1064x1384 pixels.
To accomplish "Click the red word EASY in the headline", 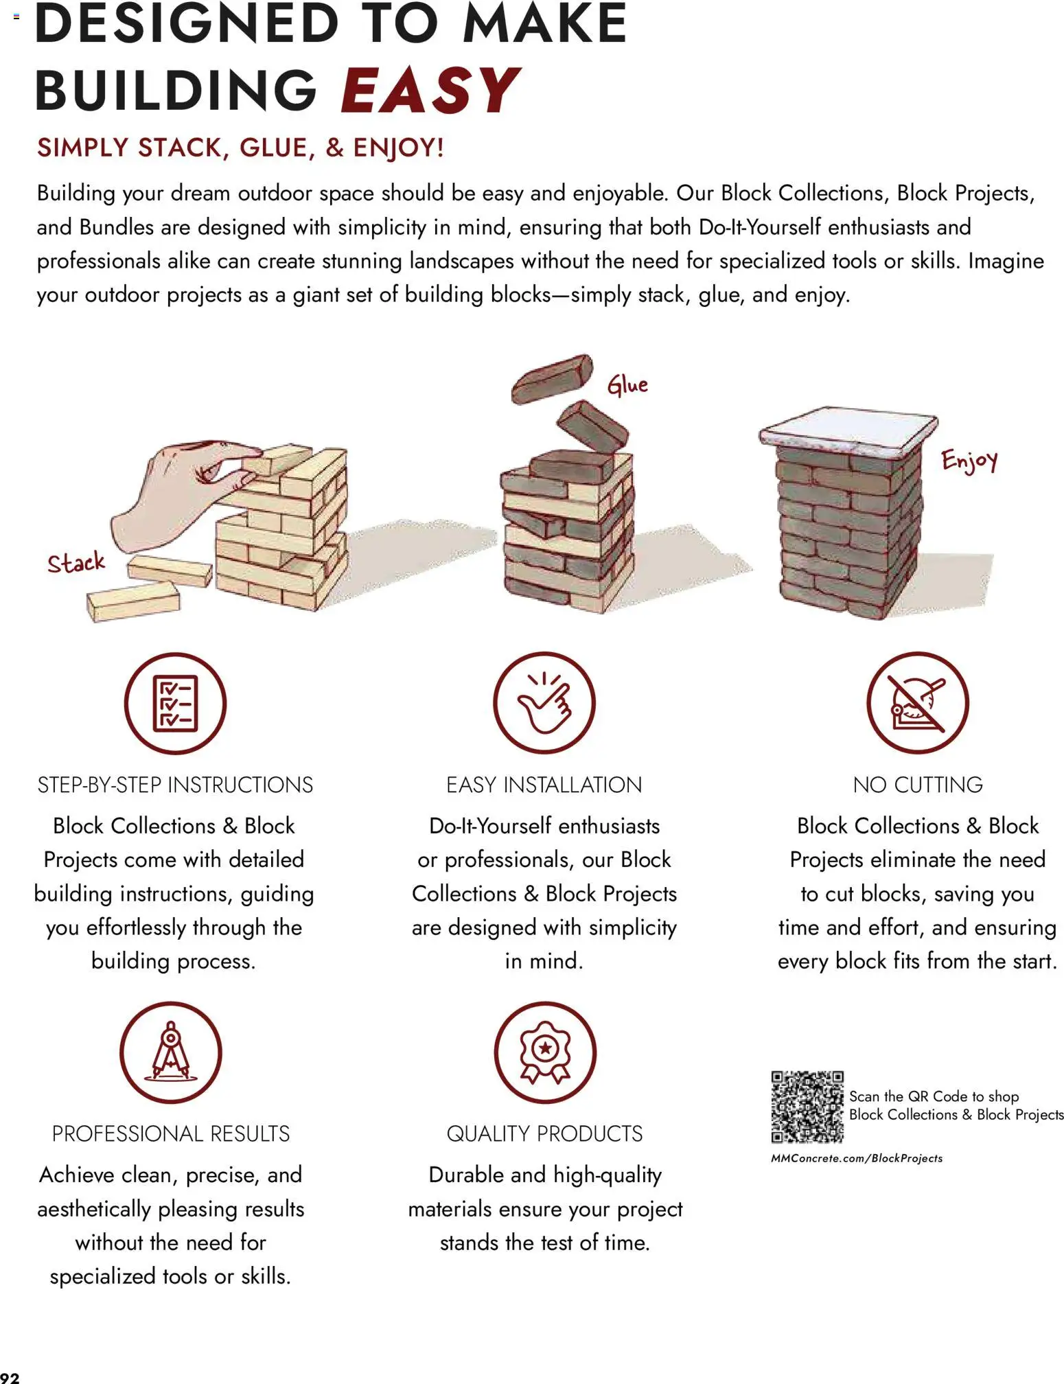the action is coord(430,90).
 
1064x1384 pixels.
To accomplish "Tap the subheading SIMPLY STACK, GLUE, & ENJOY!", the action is coord(241,148).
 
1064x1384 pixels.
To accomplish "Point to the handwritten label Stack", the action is coord(76,562).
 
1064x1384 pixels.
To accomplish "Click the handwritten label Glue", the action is coord(627,385).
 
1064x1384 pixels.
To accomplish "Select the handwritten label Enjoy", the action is coord(969,461).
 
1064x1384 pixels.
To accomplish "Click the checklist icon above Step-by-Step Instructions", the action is coord(175,703).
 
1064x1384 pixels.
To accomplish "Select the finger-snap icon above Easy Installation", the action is coord(544,703).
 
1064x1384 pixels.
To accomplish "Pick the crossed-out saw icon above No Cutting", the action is coord(918,703).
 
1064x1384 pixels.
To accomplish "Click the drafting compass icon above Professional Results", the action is coord(171,1052).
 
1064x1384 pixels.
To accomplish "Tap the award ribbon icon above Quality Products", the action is coord(545,1052).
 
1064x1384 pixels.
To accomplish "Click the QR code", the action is coord(807,1107).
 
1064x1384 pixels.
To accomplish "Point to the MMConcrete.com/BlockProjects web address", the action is coord(857,1158).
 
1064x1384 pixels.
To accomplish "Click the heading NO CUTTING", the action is coord(918,785).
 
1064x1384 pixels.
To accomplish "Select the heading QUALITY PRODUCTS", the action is coord(545,1134).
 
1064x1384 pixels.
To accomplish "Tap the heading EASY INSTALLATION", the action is coord(544,785).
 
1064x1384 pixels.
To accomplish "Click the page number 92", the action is coord(10,1377).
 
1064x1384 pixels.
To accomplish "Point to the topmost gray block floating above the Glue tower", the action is coord(552,378).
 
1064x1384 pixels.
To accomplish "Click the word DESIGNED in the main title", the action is coord(187,23).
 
